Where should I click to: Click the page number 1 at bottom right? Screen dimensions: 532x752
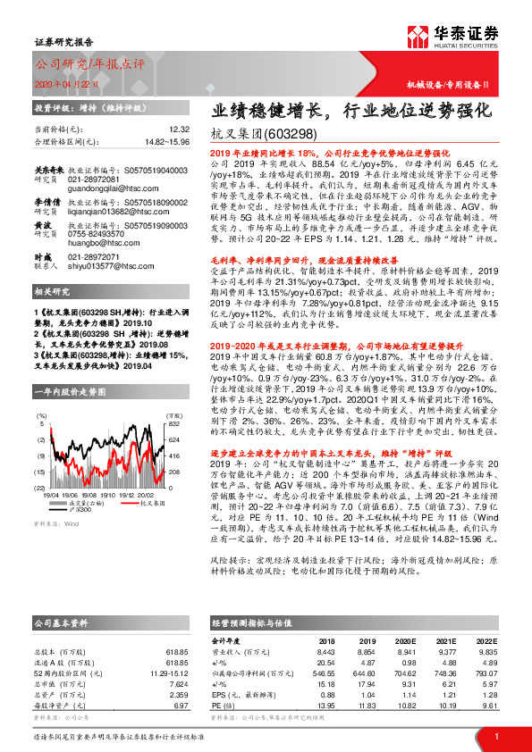click(x=496, y=738)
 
